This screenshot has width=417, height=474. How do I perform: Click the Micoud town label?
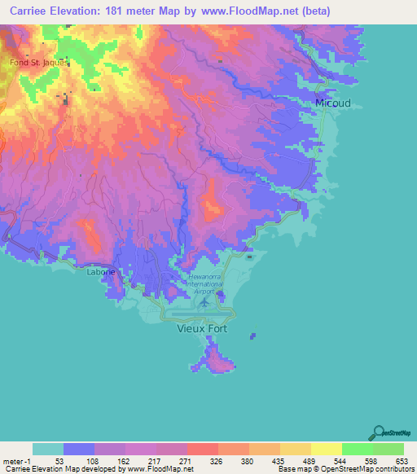tap(332, 103)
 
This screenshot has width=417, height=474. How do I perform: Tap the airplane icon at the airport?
tap(203, 302)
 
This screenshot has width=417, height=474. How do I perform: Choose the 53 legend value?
tap(48, 461)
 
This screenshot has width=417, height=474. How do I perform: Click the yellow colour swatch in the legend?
tap(327, 449)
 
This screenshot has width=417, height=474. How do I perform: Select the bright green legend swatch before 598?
tap(358, 449)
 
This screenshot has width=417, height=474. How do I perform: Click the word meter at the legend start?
tap(14, 461)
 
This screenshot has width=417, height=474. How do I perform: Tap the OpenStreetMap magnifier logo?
tap(377, 432)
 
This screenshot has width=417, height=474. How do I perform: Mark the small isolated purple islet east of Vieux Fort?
tap(253, 335)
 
